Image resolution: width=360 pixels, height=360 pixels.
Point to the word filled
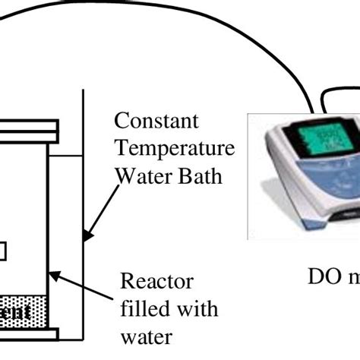[141, 308]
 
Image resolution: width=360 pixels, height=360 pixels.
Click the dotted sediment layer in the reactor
[23, 312]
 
